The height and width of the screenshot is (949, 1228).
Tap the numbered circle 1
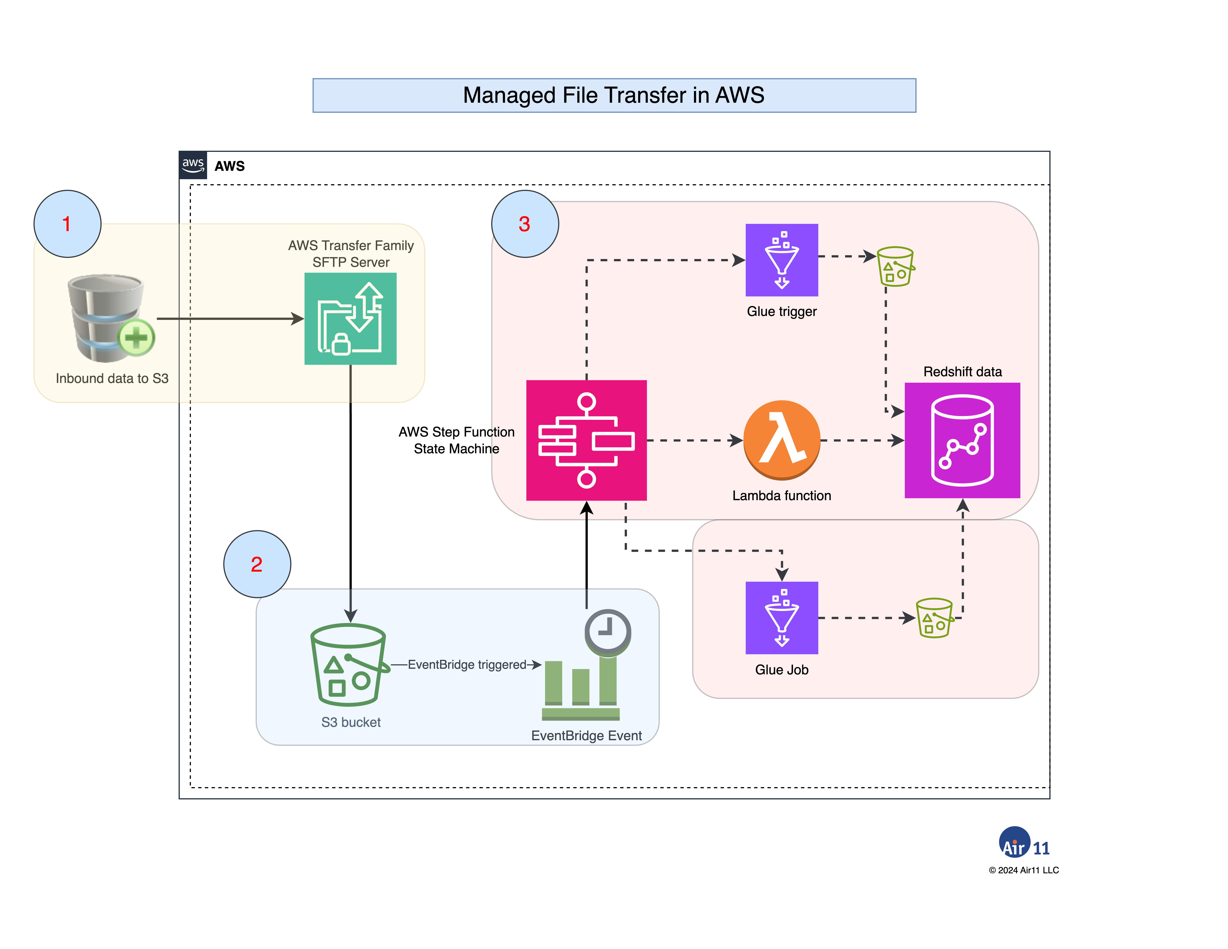tap(67, 224)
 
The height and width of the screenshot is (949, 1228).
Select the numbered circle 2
tap(257, 564)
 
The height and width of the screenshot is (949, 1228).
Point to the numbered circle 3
tap(525, 224)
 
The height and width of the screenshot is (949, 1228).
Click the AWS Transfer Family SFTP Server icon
tap(350, 319)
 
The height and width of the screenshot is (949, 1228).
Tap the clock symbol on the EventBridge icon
tap(607, 631)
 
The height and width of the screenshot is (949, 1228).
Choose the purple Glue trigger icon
tap(781, 260)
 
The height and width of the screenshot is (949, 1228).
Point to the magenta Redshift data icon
tap(962, 440)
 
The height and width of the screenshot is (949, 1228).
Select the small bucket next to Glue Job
tap(934, 618)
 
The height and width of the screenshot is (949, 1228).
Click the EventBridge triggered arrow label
tap(467, 665)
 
